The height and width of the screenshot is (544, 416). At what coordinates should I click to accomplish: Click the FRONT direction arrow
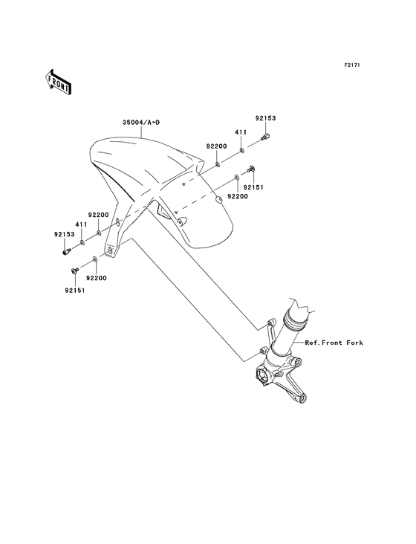(58, 82)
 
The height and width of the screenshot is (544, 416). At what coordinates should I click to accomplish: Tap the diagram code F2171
(352, 65)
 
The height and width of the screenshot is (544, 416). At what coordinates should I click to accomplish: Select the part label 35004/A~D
(141, 123)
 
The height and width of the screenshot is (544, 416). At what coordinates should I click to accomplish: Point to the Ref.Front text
(323, 343)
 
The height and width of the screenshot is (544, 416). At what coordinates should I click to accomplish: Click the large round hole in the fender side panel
(219, 199)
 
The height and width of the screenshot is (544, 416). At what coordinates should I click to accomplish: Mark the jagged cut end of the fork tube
(303, 305)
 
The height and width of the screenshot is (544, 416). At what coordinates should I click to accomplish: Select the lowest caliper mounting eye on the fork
(303, 398)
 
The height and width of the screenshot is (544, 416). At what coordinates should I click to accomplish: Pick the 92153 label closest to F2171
(265, 118)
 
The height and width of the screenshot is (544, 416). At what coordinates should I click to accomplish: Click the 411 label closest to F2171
(241, 132)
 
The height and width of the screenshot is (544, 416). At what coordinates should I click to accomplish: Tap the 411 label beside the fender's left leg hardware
(81, 225)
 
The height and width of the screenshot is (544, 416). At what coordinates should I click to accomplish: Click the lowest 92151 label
(74, 291)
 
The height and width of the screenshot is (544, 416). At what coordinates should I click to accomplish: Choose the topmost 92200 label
(216, 146)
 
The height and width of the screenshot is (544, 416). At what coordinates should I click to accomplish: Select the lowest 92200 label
(97, 278)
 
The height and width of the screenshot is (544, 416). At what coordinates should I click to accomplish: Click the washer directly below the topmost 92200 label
(218, 163)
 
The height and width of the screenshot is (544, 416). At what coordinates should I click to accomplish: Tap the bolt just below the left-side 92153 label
(66, 251)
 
